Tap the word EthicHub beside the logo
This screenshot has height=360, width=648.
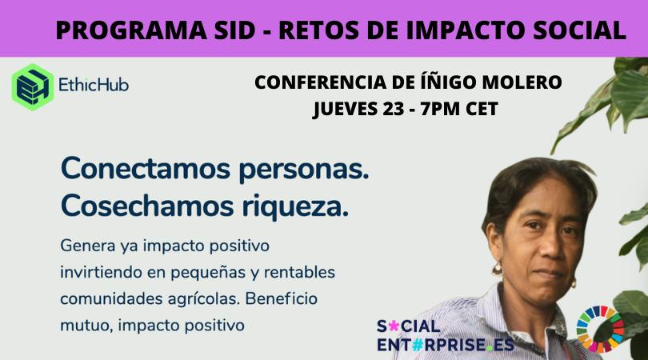[94, 84]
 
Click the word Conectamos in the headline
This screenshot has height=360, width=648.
[140, 170]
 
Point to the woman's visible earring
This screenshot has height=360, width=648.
[497, 269]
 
